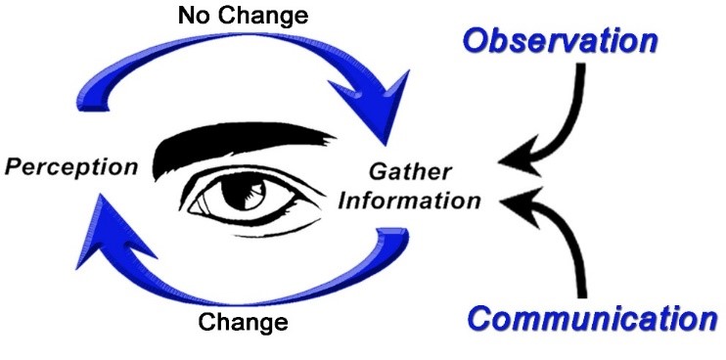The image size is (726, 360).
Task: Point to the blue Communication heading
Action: [x=591, y=318]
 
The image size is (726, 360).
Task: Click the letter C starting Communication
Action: [x=480, y=319]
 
